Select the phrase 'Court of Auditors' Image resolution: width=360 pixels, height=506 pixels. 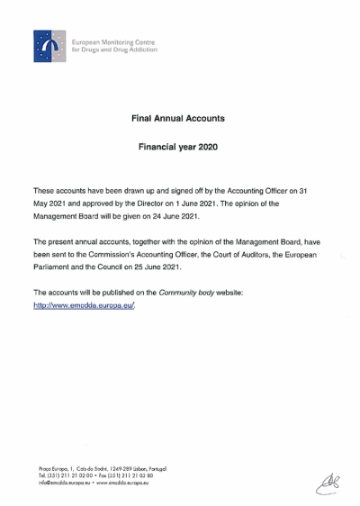pyautogui.click(x=229, y=255)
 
